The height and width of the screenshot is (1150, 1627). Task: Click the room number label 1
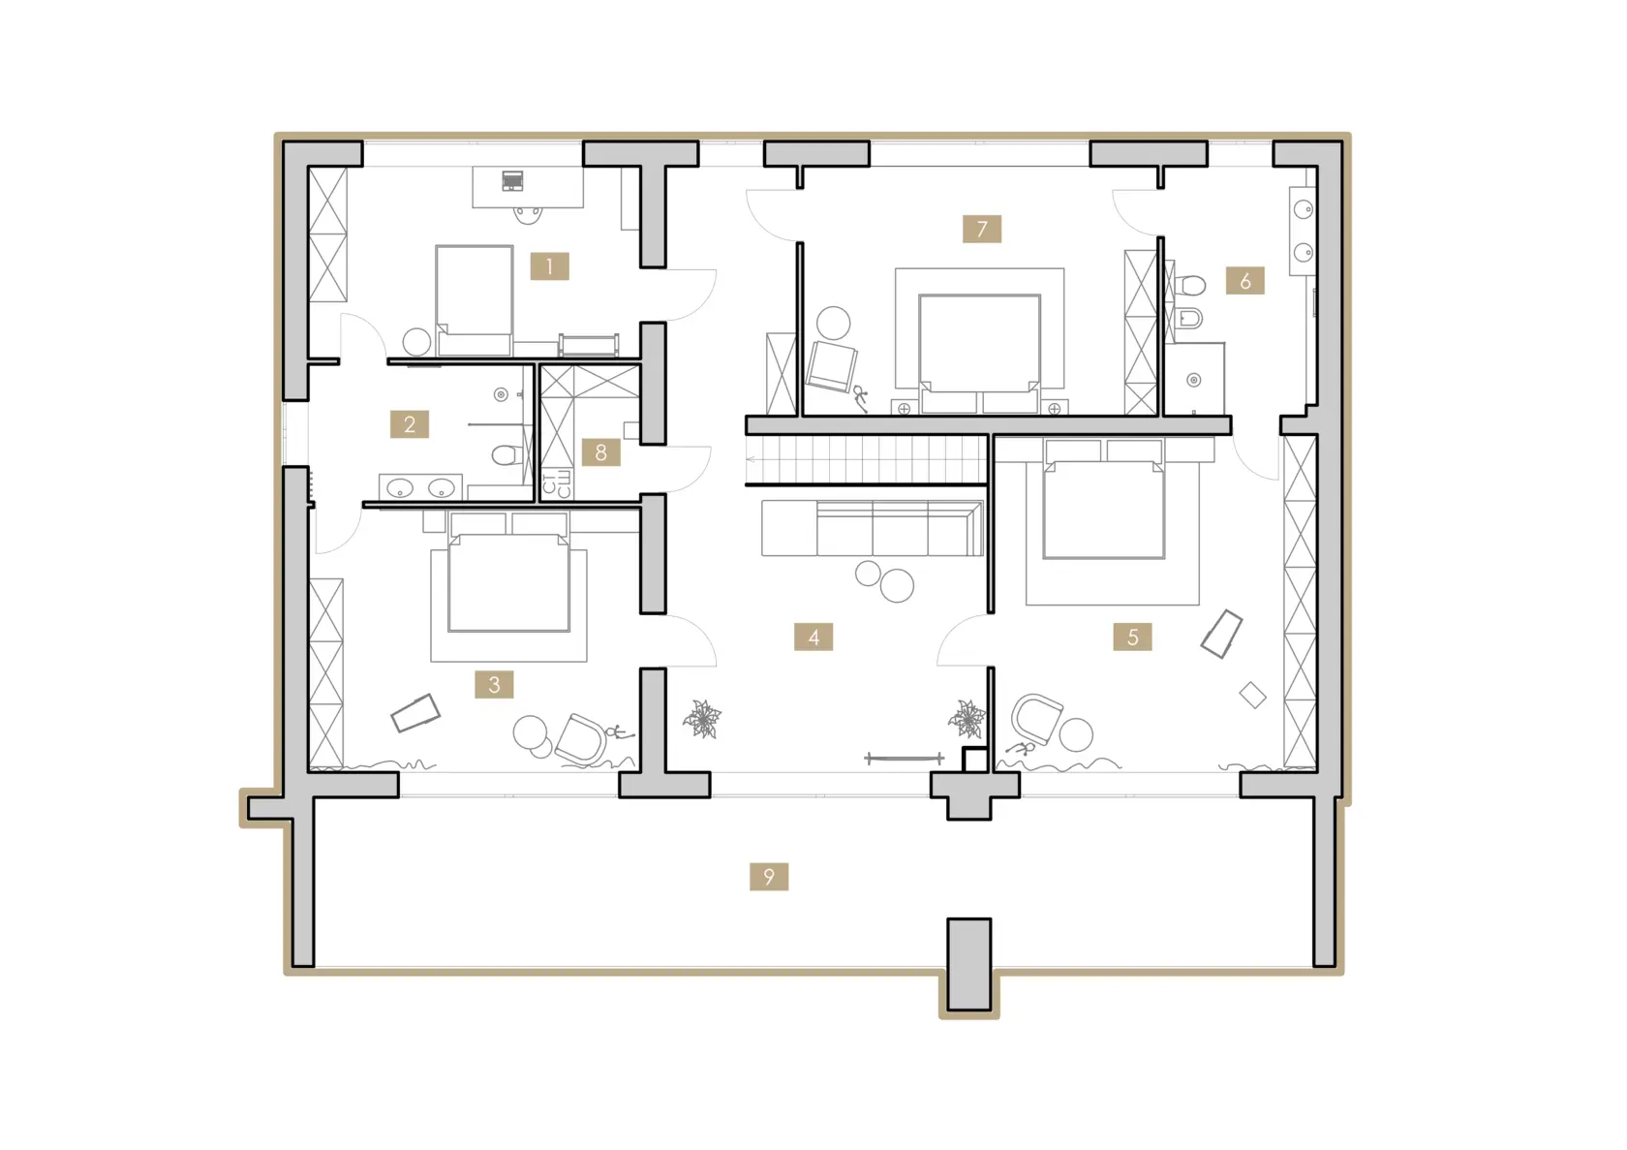(549, 266)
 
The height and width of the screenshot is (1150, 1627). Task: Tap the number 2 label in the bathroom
(409, 424)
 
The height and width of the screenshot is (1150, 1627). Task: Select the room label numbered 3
(494, 684)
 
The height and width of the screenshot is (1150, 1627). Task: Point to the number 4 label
(813, 637)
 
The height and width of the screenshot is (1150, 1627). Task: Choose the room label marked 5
(1132, 637)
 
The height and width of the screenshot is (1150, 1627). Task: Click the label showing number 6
(1245, 280)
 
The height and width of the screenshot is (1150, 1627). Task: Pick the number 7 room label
(982, 229)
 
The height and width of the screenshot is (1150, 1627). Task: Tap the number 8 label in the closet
(600, 452)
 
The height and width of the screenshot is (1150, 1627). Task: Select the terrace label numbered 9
(769, 877)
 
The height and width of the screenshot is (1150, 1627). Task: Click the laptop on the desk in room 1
(513, 180)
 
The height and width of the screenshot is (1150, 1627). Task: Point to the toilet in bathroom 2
(507, 455)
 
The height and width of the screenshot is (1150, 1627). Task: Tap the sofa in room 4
(873, 528)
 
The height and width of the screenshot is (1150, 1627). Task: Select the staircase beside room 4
(867, 460)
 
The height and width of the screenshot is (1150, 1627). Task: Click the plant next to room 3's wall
(702, 719)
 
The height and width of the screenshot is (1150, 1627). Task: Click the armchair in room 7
(833, 366)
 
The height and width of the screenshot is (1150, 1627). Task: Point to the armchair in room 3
(581, 739)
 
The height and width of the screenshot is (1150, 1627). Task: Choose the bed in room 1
(475, 300)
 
